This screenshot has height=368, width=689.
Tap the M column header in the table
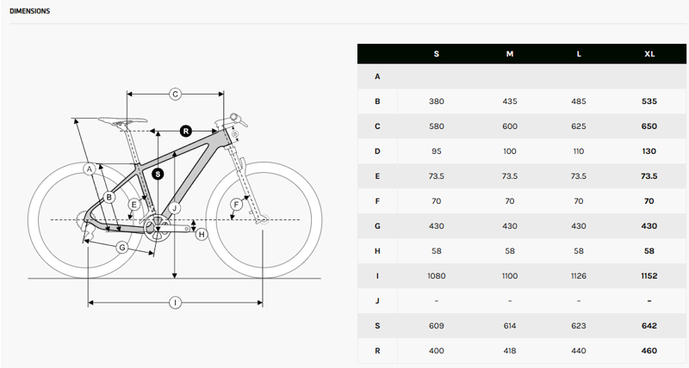tap(510, 54)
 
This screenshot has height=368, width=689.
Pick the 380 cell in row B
tap(436, 101)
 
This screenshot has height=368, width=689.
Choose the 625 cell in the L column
tap(579, 126)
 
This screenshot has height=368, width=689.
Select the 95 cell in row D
tap(436, 151)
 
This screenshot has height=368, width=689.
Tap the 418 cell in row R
tap(510, 351)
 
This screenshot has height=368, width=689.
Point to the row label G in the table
tap(377, 226)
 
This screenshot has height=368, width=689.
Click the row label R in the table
tap(377, 351)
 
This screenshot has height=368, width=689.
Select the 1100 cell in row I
tap(510, 276)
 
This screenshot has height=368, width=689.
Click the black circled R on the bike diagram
tap(185, 131)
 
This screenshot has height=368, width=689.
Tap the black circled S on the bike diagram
tap(158, 173)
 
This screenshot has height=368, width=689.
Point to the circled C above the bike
tap(174, 94)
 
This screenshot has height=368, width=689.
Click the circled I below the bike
tap(175, 302)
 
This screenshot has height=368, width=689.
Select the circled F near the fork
tap(236, 205)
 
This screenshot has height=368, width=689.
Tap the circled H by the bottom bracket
tap(202, 234)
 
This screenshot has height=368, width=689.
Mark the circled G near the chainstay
tap(122, 247)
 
